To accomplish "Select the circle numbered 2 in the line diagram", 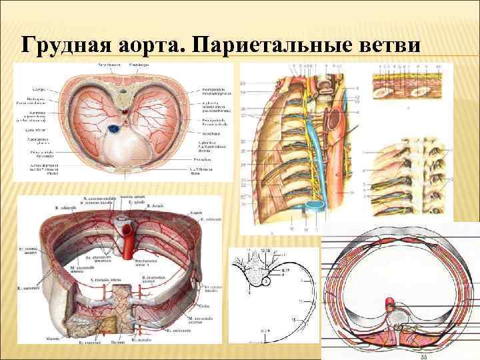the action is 265,282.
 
